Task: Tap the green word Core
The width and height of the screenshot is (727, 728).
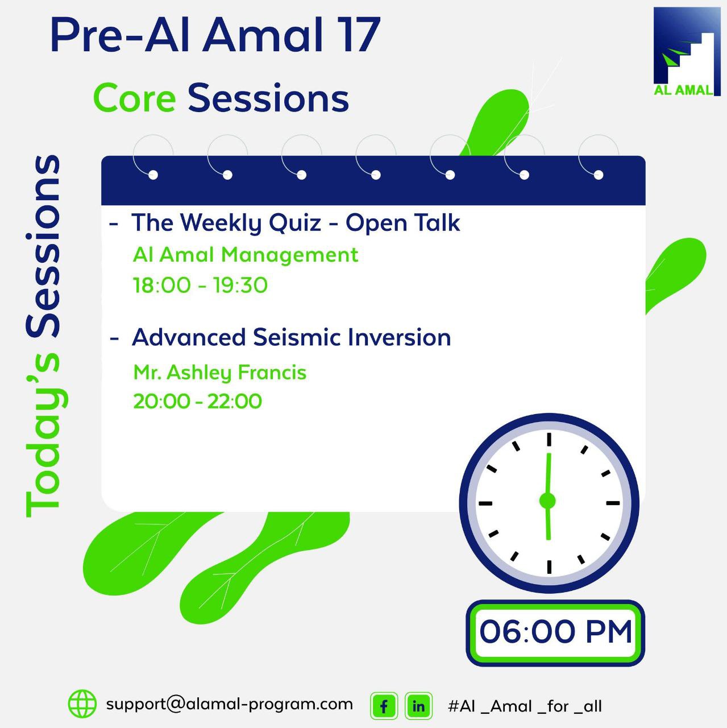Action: [x=135, y=98]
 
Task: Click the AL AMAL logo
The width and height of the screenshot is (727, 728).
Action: [x=686, y=52]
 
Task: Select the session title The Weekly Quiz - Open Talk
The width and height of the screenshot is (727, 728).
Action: [x=296, y=223]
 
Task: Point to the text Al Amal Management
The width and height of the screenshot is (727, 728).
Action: [x=246, y=255]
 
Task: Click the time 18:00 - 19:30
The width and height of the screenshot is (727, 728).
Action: [x=200, y=285]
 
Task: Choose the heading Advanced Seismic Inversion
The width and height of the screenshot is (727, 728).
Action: [x=292, y=337]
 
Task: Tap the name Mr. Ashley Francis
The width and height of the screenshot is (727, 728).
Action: [x=220, y=373]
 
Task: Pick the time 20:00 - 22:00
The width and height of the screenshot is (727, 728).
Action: [x=198, y=402]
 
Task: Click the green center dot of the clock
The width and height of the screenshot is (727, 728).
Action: [x=547, y=501]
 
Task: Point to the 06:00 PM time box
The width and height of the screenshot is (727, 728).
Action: [x=555, y=632]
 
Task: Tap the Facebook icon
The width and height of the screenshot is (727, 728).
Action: [x=384, y=706]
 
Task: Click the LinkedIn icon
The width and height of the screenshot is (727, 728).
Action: [x=418, y=706]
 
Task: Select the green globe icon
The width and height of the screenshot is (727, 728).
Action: [x=82, y=704]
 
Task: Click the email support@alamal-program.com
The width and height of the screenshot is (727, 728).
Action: [x=230, y=704]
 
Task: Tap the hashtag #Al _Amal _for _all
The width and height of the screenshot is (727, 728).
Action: [x=525, y=706]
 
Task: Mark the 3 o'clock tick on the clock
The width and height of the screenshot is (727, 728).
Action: [x=613, y=503]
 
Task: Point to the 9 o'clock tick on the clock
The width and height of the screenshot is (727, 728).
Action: [x=485, y=503]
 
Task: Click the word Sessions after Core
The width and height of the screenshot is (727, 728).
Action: [x=268, y=98]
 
